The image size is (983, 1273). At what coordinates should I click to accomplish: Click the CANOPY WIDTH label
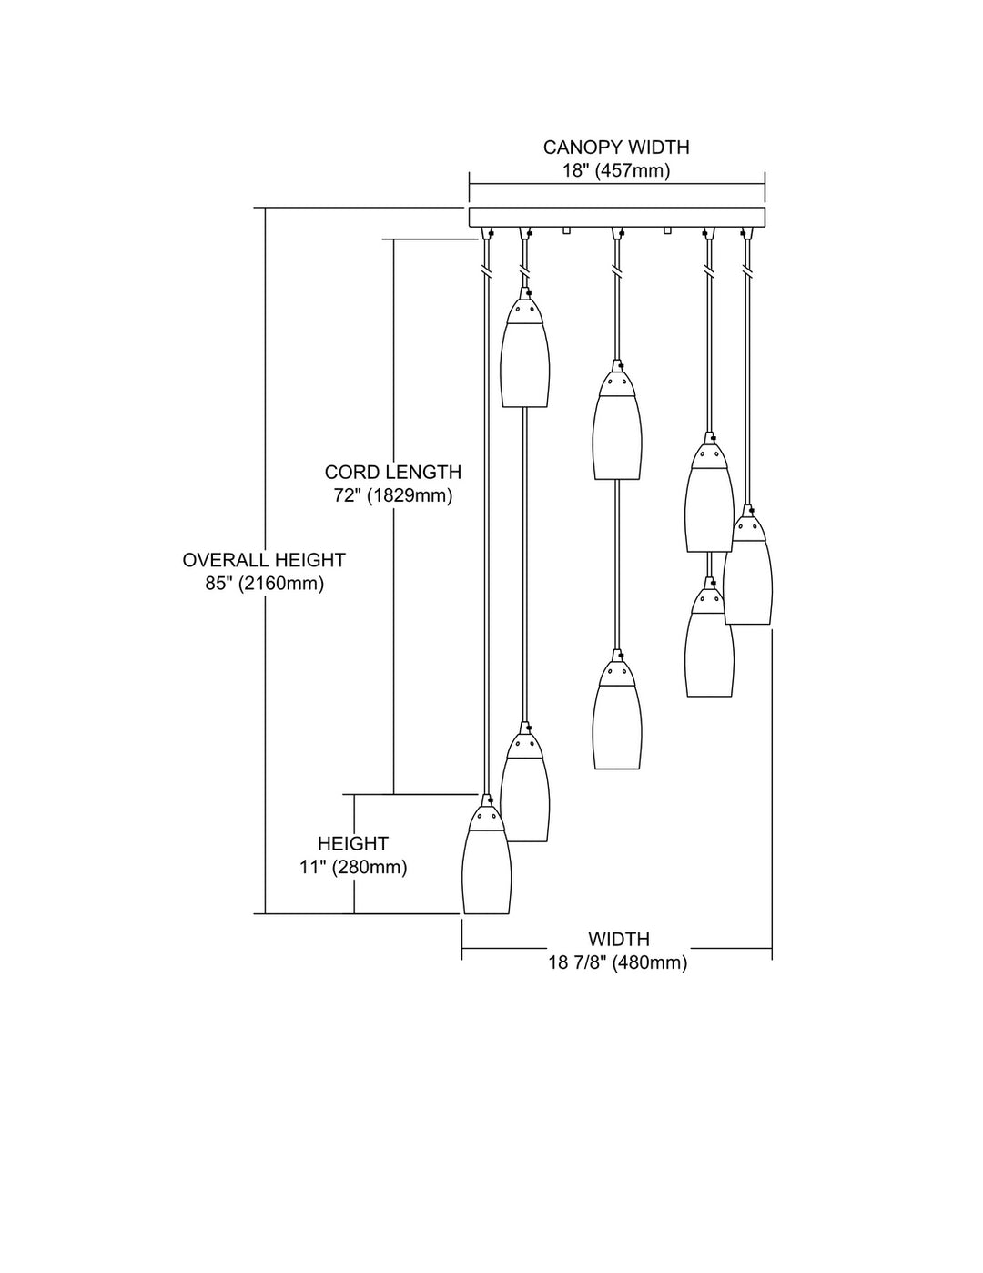[x=616, y=147]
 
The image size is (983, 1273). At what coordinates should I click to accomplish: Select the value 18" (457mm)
[x=616, y=170]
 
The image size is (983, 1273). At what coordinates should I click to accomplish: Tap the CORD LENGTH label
[x=393, y=472]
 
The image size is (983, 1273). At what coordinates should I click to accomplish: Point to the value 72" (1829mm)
[x=393, y=496]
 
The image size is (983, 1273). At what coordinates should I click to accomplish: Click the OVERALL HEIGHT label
[x=264, y=560]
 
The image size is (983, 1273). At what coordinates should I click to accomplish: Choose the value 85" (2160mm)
[x=264, y=584]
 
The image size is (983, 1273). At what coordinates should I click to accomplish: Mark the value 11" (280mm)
[x=353, y=868]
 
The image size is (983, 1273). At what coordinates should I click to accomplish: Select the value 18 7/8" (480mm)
[x=618, y=962]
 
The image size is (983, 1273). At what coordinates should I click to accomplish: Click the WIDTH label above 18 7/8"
[x=619, y=939]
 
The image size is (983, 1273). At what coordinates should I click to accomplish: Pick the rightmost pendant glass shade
[x=748, y=574]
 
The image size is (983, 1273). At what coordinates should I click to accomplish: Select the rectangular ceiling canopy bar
[x=616, y=218]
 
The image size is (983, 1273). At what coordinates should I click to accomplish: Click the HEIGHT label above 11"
[x=353, y=844]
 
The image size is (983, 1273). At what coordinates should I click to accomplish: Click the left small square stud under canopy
[x=566, y=230]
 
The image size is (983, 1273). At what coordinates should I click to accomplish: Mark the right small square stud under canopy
[x=667, y=230]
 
